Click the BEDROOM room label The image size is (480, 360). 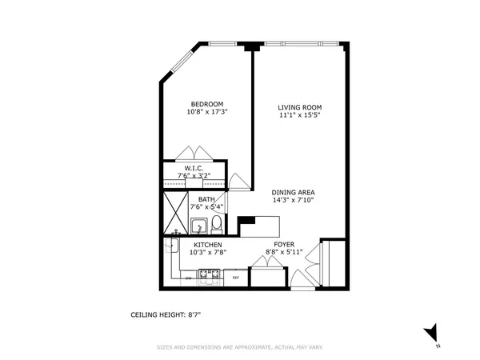click(206, 103)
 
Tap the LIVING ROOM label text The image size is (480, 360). click(299, 107)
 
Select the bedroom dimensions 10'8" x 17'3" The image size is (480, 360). click(206, 112)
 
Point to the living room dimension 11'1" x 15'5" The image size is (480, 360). click(299, 116)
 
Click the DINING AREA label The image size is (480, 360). click(291, 192)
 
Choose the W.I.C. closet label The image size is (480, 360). click(194, 168)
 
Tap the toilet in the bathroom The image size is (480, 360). click(216, 225)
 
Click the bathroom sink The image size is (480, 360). click(199, 226)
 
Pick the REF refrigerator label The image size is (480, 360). click(236, 278)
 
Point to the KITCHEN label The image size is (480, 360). click(206, 244)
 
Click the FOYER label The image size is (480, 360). click(284, 244)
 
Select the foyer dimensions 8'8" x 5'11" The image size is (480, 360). click(284, 252)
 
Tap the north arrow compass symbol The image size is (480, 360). click(433, 332)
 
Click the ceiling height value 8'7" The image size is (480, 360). click(192, 315)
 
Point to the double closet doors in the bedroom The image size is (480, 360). click(194, 154)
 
